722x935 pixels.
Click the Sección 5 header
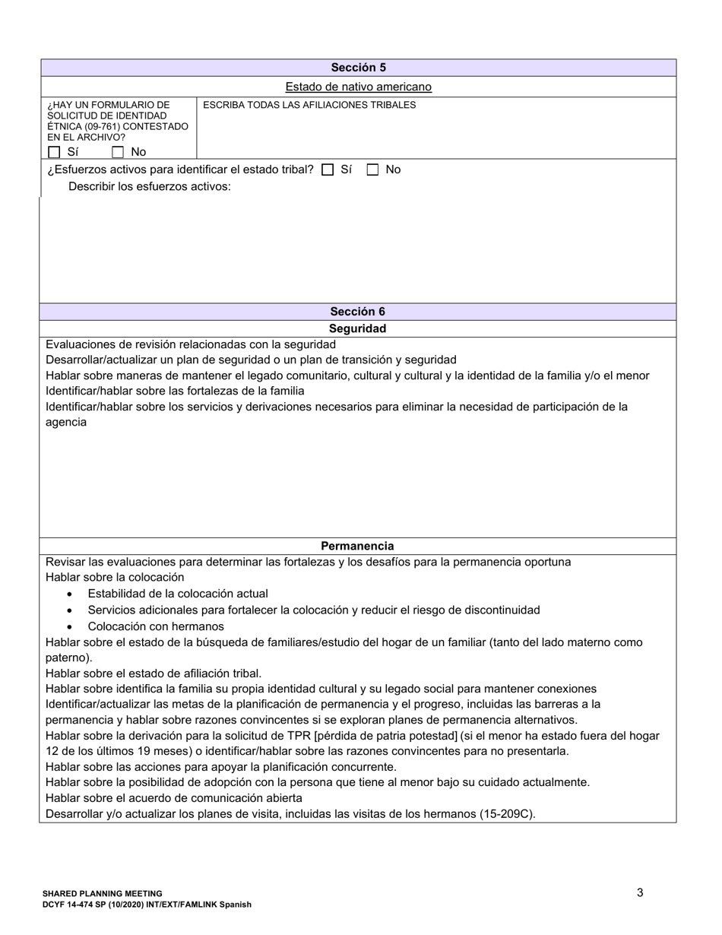pyautogui.click(x=358, y=68)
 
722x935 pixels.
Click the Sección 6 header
pyautogui.click(x=357, y=312)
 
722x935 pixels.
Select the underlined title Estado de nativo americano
pyautogui.click(x=358, y=87)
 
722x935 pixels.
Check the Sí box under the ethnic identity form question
pyautogui.click(x=54, y=152)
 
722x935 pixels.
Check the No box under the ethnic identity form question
pyautogui.click(x=118, y=152)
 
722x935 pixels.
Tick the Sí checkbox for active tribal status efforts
pyautogui.click(x=328, y=170)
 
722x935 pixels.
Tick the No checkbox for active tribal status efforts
pyautogui.click(x=372, y=170)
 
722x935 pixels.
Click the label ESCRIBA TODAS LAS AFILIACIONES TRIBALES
pyautogui.click(x=309, y=105)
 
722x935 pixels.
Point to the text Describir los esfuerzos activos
pyautogui.click(x=150, y=186)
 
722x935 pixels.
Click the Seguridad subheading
pyautogui.click(x=357, y=328)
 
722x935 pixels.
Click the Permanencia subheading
pyautogui.click(x=357, y=546)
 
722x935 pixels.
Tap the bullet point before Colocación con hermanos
pyautogui.click(x=70, y=627)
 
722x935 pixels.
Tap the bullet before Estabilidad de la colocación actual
pyautogui.click(x=70, y=594)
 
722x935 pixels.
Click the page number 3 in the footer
pyautogui.click(x=640, y=892)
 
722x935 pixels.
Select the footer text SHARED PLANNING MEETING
pyautogui.click(x=103, y=894)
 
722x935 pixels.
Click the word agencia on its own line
pyautogui.click(x=66, y=422)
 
